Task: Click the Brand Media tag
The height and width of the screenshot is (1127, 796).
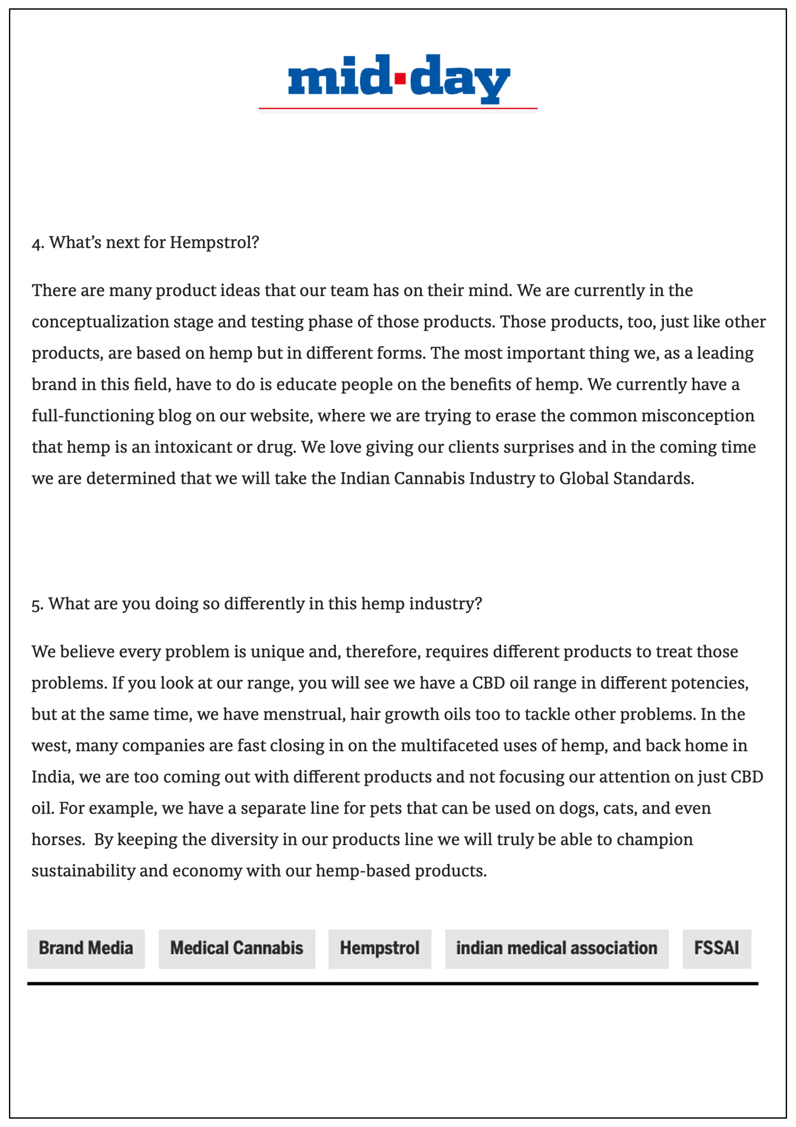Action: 86,948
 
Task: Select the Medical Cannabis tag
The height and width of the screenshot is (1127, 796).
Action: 237,948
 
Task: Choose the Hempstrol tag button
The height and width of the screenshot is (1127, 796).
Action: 380,948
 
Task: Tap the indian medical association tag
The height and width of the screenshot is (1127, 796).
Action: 556,948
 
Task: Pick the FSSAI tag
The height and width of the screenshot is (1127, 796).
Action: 716,948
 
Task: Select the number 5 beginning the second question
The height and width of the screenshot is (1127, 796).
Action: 36,605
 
